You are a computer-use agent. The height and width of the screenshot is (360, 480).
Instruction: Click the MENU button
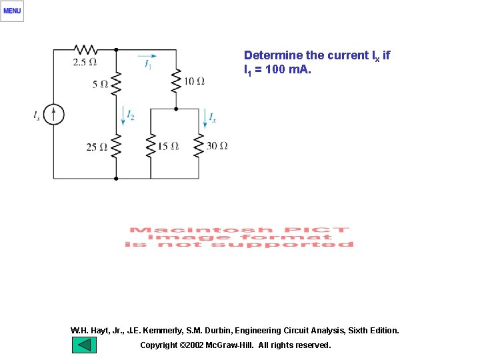pyautogui.click(x=12, y=11)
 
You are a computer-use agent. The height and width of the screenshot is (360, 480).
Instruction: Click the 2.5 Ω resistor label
pyautogui.click(x=85, y=62)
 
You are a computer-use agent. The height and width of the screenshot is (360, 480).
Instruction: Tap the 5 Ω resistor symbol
pyautogui.click(x=116, y=83)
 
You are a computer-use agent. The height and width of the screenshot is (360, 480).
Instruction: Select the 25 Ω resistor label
pyautogui.click(x=96, y=147)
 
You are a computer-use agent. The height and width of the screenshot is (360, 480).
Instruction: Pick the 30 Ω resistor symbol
pyautogui.click(x=199, y=146)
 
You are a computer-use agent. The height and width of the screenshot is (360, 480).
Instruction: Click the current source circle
pyautogui.click(x=54, y=115)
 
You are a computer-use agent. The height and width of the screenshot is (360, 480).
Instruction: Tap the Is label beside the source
pyautogui.click(x=37, y=115)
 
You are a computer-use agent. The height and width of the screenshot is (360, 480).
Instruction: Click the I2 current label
pyautogui.click(x=131, y=116)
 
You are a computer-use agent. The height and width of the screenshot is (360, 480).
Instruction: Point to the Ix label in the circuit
pyautogui.click(x=212, y=118)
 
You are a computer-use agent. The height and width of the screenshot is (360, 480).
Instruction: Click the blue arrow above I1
pyautogui.click(x=148, y=55)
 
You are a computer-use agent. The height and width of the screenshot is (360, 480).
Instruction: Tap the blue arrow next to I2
pyautogui.click(x=124, y=116)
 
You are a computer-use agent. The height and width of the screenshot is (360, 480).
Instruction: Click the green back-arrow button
pyautogui.click(x=85, y=345)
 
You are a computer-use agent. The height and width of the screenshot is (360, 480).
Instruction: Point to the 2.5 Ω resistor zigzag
pyautogui.click(x=85, y=49)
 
